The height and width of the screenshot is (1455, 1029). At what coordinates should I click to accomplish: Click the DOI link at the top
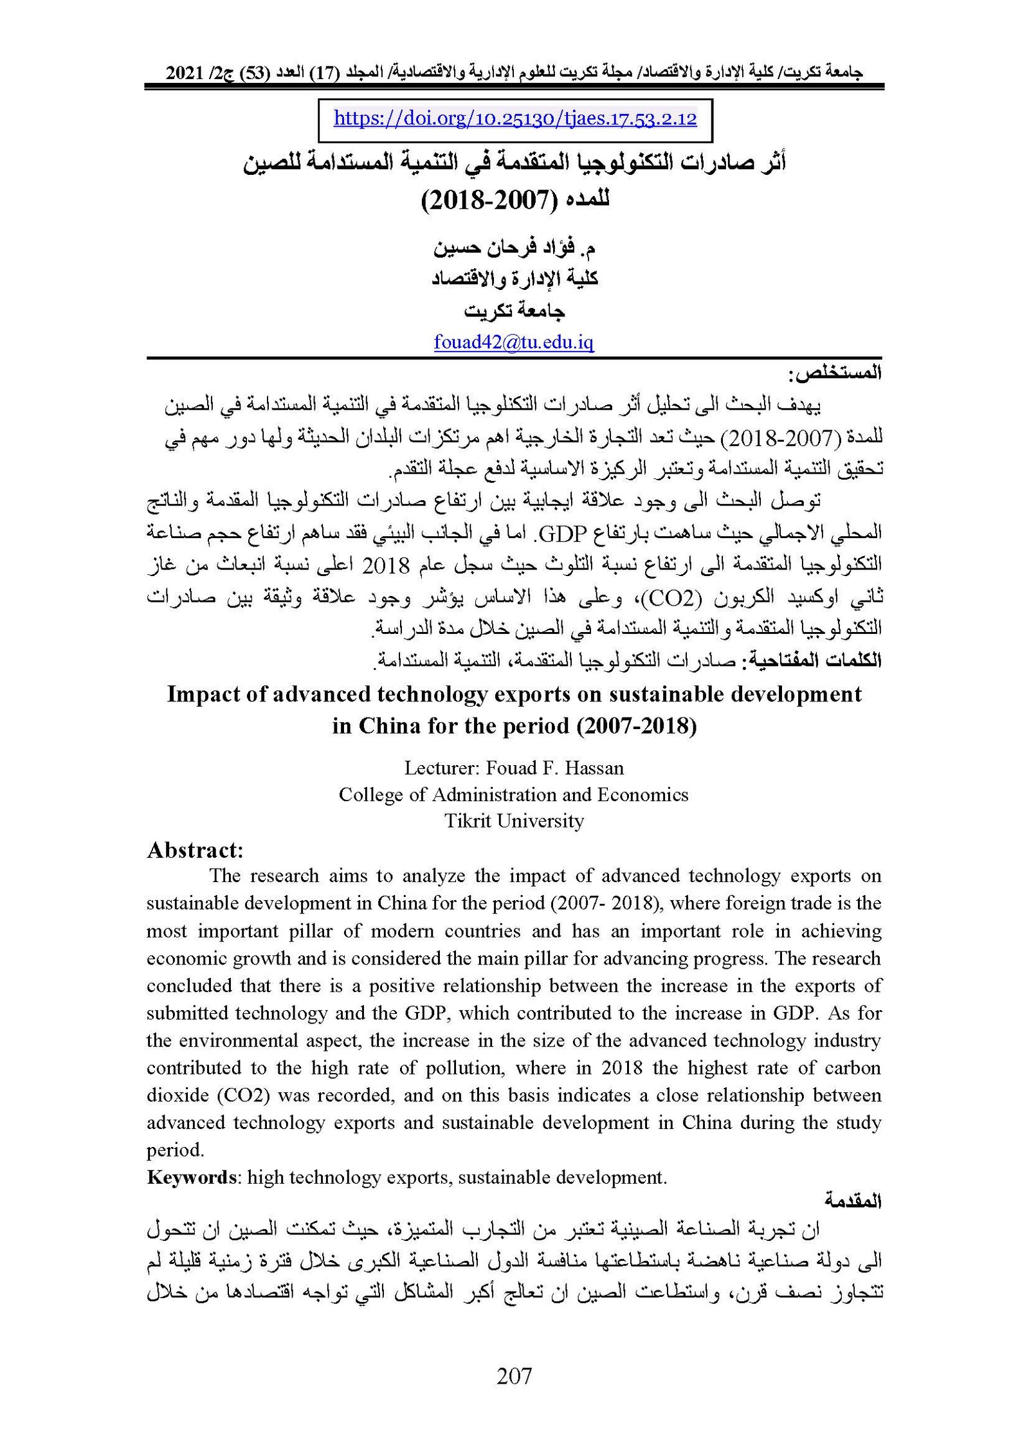coord(514,119)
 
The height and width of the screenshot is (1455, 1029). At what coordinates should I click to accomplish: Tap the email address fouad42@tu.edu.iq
coord(513,342)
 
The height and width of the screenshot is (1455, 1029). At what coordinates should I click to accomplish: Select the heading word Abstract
coord(195,851)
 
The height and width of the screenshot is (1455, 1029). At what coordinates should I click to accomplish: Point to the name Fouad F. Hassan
coord(554,768)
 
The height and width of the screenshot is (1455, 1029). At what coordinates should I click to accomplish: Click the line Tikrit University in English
coord(514,821)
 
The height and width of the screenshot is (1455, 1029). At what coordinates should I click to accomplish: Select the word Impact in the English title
coord(204,694)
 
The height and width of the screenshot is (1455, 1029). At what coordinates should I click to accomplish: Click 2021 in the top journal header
coord(184,73)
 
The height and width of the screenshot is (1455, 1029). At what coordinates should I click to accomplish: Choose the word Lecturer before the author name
coord(441,768)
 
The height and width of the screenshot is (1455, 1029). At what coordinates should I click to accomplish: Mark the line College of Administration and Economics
coord(513,795)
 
